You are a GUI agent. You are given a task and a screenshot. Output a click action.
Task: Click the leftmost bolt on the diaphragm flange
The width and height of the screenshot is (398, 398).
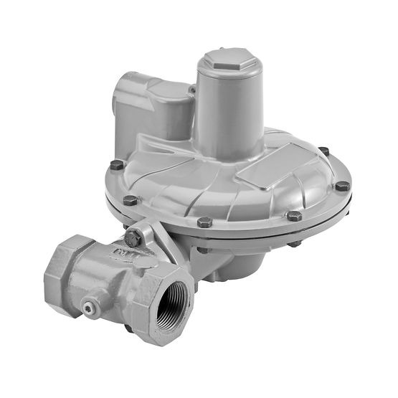(x=116, y=166)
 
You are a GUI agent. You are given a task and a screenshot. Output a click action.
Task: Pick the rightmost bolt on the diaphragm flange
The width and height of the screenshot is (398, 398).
(x=342, y=186)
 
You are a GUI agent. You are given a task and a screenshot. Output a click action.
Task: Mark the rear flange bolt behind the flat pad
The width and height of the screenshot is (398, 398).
(x=323, y=152)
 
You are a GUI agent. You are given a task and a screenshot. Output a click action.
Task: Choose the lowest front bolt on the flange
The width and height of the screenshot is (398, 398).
(x=204, y=222)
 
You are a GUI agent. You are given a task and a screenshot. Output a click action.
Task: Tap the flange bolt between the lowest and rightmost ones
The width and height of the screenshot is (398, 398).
(x=293, y=215)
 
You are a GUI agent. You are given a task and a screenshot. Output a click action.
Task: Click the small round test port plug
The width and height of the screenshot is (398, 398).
(x=89, y=308)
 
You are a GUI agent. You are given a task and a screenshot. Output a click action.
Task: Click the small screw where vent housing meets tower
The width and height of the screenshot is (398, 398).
(x=192, y=90)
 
